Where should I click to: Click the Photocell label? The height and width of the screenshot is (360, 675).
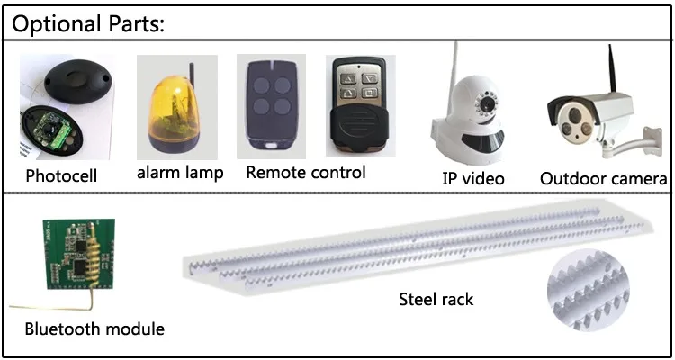click(60, 176)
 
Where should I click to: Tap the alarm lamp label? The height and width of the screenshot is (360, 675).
click(180, 173)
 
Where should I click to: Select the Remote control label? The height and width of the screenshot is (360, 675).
click(306, 172)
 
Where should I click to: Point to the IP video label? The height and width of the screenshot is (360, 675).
click(473, 178)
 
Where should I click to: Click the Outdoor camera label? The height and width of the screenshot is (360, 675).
click(603, 178)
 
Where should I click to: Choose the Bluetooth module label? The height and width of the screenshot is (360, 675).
click(94, 328)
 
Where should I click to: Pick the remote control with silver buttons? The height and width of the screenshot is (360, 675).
click(357, 108)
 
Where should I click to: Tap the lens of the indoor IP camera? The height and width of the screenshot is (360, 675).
click(487, 105)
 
